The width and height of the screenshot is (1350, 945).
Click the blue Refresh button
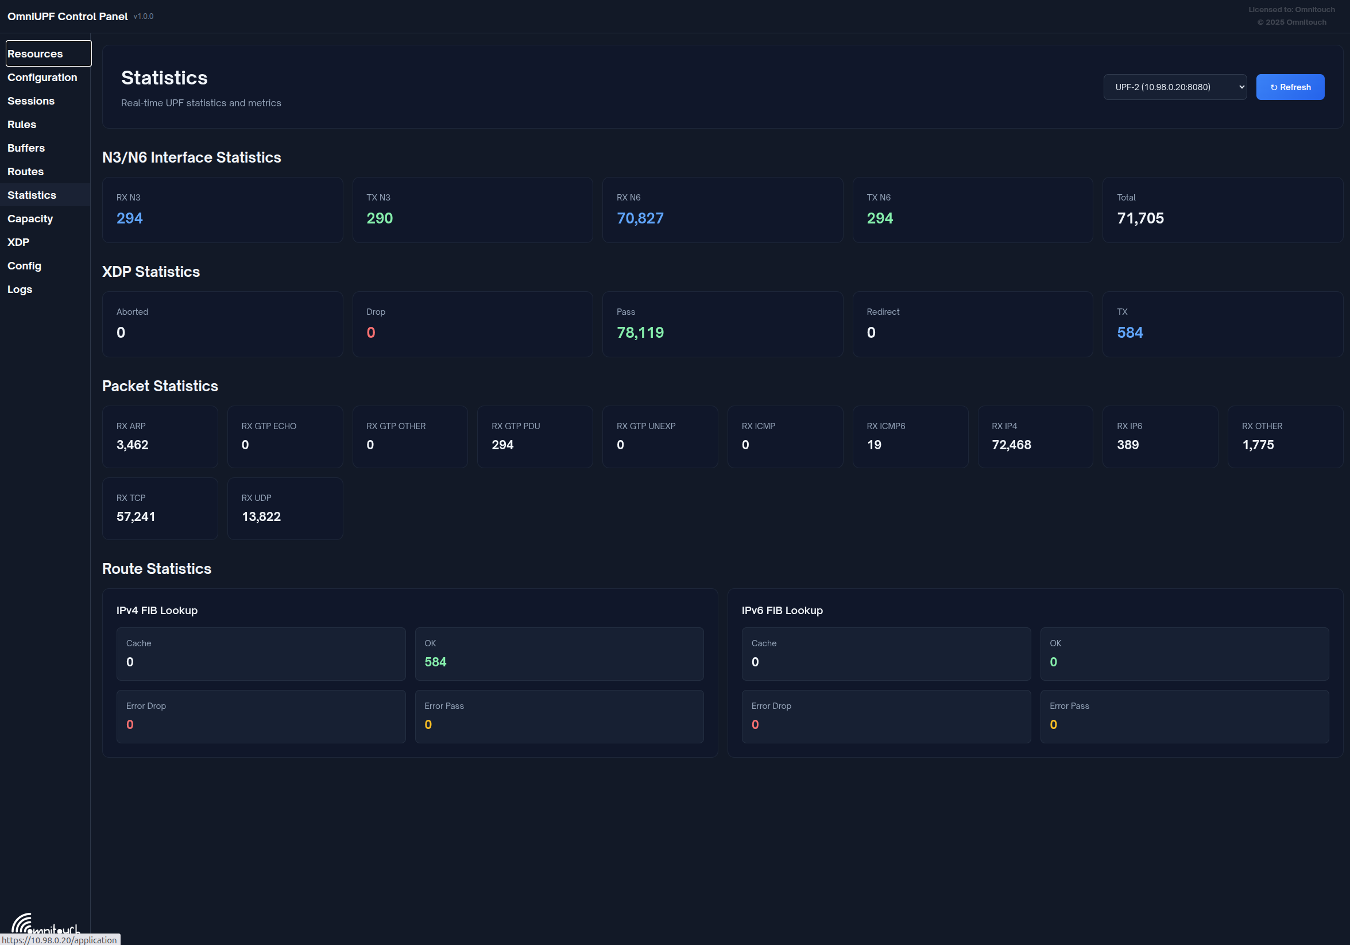pyautogui.click(x=1290, y=87)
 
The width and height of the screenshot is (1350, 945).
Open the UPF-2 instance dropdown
pyautogui.click(x=1175, y=87)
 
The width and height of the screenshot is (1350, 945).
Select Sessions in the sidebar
pyautogui.click(x=31, y=101)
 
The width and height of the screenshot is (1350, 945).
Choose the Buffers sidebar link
pyautogui.click(x=26, y=148)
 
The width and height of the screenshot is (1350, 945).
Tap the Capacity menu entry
pyautogui.click(x=30, y=218)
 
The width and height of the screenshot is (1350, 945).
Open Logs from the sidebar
pyautogui.click(x=20, y=289)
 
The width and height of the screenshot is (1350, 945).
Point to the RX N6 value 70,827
pyautogui.click(x=640, y=218)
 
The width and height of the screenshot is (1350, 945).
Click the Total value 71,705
pyautogui.click(x=1140, y=218)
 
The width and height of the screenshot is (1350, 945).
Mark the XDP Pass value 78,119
pyautogui.click(x=640, y=332)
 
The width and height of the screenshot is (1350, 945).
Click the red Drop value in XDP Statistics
pyautogui.click(x=370, y=332)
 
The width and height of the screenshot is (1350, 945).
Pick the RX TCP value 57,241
pyautogui.click(x=136, y=516)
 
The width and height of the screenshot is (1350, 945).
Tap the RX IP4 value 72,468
pyautogui.click(x=1011, y=445)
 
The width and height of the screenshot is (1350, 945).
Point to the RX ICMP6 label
pyautogui.click(x=885, y=426)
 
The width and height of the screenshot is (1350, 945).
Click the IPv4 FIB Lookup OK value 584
pyautogui.click(x=435, y=662)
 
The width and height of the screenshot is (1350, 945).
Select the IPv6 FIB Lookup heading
pyautogui.click(x=782, y=611)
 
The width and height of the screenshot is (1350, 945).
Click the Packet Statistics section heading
pyautogui.click(x=160, y=386)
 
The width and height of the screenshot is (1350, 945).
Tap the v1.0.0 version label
pyautogui.click(x=144, y=17)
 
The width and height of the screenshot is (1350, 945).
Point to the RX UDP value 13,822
pyautogui.click(x=261, y=516)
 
